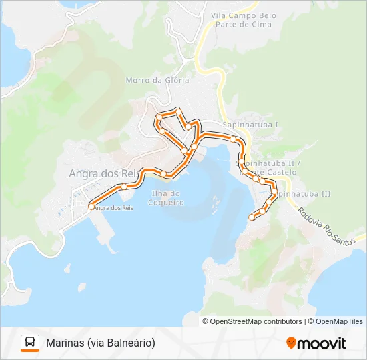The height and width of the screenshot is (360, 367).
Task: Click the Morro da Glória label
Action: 157,81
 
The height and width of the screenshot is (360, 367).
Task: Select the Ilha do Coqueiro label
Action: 166,198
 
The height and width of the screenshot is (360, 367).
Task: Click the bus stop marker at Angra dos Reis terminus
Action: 91,207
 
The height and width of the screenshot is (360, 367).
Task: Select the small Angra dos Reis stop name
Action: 114,208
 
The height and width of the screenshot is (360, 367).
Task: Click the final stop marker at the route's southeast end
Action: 252,217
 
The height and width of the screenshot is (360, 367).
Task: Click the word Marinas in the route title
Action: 65,343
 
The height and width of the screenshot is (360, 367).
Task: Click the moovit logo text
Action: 322,343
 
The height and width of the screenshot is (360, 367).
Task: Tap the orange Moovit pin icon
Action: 291,343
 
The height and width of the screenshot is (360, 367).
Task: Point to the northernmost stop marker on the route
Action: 178,110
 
